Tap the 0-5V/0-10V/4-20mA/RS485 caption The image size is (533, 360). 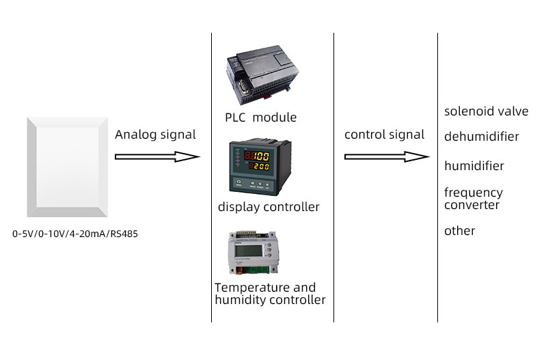pos(75,234)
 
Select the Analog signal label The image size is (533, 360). pos(155,135)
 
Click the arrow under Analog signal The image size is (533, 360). pos(156,156)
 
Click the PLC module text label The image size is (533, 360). pos(260,117)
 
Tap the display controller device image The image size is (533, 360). pos(249,166)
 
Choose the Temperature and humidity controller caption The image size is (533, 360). pos(269,294)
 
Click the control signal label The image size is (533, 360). pos(384,135)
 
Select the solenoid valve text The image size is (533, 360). pos(486,111)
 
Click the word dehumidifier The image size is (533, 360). pos(481,137)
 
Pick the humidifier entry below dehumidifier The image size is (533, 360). pos(474,166)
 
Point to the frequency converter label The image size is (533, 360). pos(473,199)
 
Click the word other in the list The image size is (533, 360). pos(459,231)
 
